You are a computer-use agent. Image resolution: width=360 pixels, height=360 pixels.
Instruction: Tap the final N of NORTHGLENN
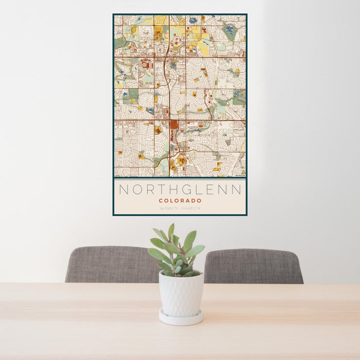(x=236, y=190)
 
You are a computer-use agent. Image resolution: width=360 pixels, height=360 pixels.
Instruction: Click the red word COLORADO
(x=180, y=201)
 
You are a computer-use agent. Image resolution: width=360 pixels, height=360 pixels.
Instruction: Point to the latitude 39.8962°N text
(x=169, y=209)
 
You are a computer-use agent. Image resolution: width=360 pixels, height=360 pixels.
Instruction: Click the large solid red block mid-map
(x=174, y=125)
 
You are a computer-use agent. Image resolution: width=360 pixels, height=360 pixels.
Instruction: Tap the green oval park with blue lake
(x=229, y=32)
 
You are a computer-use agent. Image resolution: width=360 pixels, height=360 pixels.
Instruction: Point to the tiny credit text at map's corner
(x=239, y=175)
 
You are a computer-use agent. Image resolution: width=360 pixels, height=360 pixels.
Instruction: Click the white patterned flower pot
(x=181, y=294)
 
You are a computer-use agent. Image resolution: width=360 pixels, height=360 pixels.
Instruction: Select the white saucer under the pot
(x=181, y=318)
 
